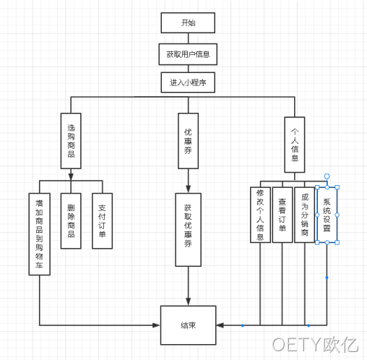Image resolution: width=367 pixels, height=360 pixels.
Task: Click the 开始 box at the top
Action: point(188,23)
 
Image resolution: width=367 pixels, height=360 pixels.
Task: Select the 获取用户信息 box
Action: point(188,54)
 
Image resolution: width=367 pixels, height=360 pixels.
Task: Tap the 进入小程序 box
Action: point(188,82)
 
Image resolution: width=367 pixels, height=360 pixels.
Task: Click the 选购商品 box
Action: point(71,141)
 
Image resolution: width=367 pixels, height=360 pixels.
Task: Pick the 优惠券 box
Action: point(188,141)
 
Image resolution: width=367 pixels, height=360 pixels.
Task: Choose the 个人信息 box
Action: point(295,145)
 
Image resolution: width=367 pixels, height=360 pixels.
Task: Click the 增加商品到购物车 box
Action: point(40,234)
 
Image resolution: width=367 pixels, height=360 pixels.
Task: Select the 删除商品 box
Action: point(71,220)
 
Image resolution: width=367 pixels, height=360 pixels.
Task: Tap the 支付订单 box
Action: point(102,220)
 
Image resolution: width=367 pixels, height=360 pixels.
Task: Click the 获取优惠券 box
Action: point(188,230)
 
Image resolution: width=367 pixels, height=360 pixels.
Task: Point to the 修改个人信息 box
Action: point(260,215)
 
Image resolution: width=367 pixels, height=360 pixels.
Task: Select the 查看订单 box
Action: point(282,215)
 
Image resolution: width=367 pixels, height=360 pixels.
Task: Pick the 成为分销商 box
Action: point(304,215)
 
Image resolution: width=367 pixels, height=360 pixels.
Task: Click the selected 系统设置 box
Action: point(327,215)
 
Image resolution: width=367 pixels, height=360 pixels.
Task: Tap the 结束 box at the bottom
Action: point(188,325)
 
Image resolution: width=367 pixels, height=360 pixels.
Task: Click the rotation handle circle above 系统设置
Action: point(327,176)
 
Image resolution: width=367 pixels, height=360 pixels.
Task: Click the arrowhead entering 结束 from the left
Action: point(157,325)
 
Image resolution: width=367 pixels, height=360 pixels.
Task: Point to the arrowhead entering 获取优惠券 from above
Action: point(188,189)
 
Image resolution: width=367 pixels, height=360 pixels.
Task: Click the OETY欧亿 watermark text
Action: point(315,344)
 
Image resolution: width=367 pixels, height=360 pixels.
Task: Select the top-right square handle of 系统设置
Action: point(337,187)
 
